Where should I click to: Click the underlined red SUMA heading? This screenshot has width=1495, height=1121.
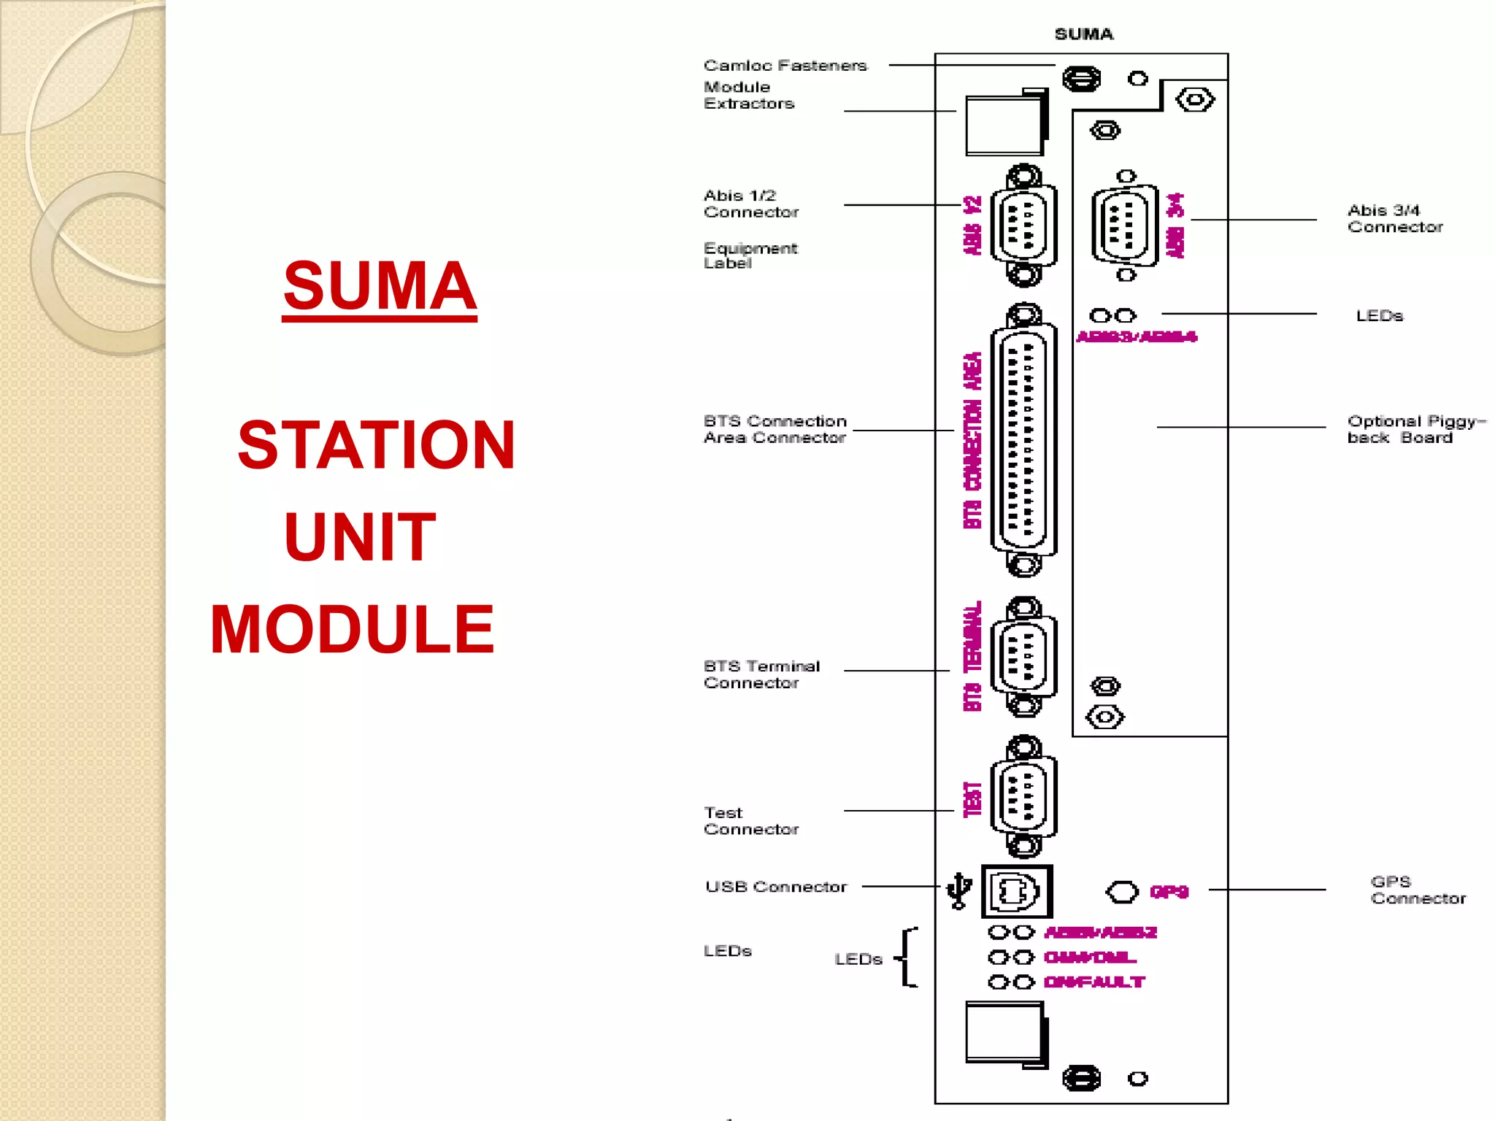point(380,286)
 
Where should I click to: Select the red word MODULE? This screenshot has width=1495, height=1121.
point(353,629)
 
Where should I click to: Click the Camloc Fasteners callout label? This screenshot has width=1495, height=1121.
point(785,66)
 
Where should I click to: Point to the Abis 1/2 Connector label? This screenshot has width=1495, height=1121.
point(750,204)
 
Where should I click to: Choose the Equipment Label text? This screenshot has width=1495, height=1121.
point(750,255)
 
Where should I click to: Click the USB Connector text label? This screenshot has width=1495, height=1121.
point(775,887)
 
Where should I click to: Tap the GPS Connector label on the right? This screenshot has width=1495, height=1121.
point(1418,890)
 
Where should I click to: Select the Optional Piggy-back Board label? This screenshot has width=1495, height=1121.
point(1415,429)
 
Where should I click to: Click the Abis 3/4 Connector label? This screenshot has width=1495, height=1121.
point(1394,218)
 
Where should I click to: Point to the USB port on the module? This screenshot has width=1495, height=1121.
point(1016,891)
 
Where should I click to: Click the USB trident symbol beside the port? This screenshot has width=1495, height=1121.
point(958,891)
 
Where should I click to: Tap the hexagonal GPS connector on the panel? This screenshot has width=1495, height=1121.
point(1122,892)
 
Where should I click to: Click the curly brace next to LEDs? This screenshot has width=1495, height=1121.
point(907,958)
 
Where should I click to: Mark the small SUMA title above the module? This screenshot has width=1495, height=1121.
point(1083,34)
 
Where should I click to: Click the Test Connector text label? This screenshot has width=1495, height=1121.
point(750,821)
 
